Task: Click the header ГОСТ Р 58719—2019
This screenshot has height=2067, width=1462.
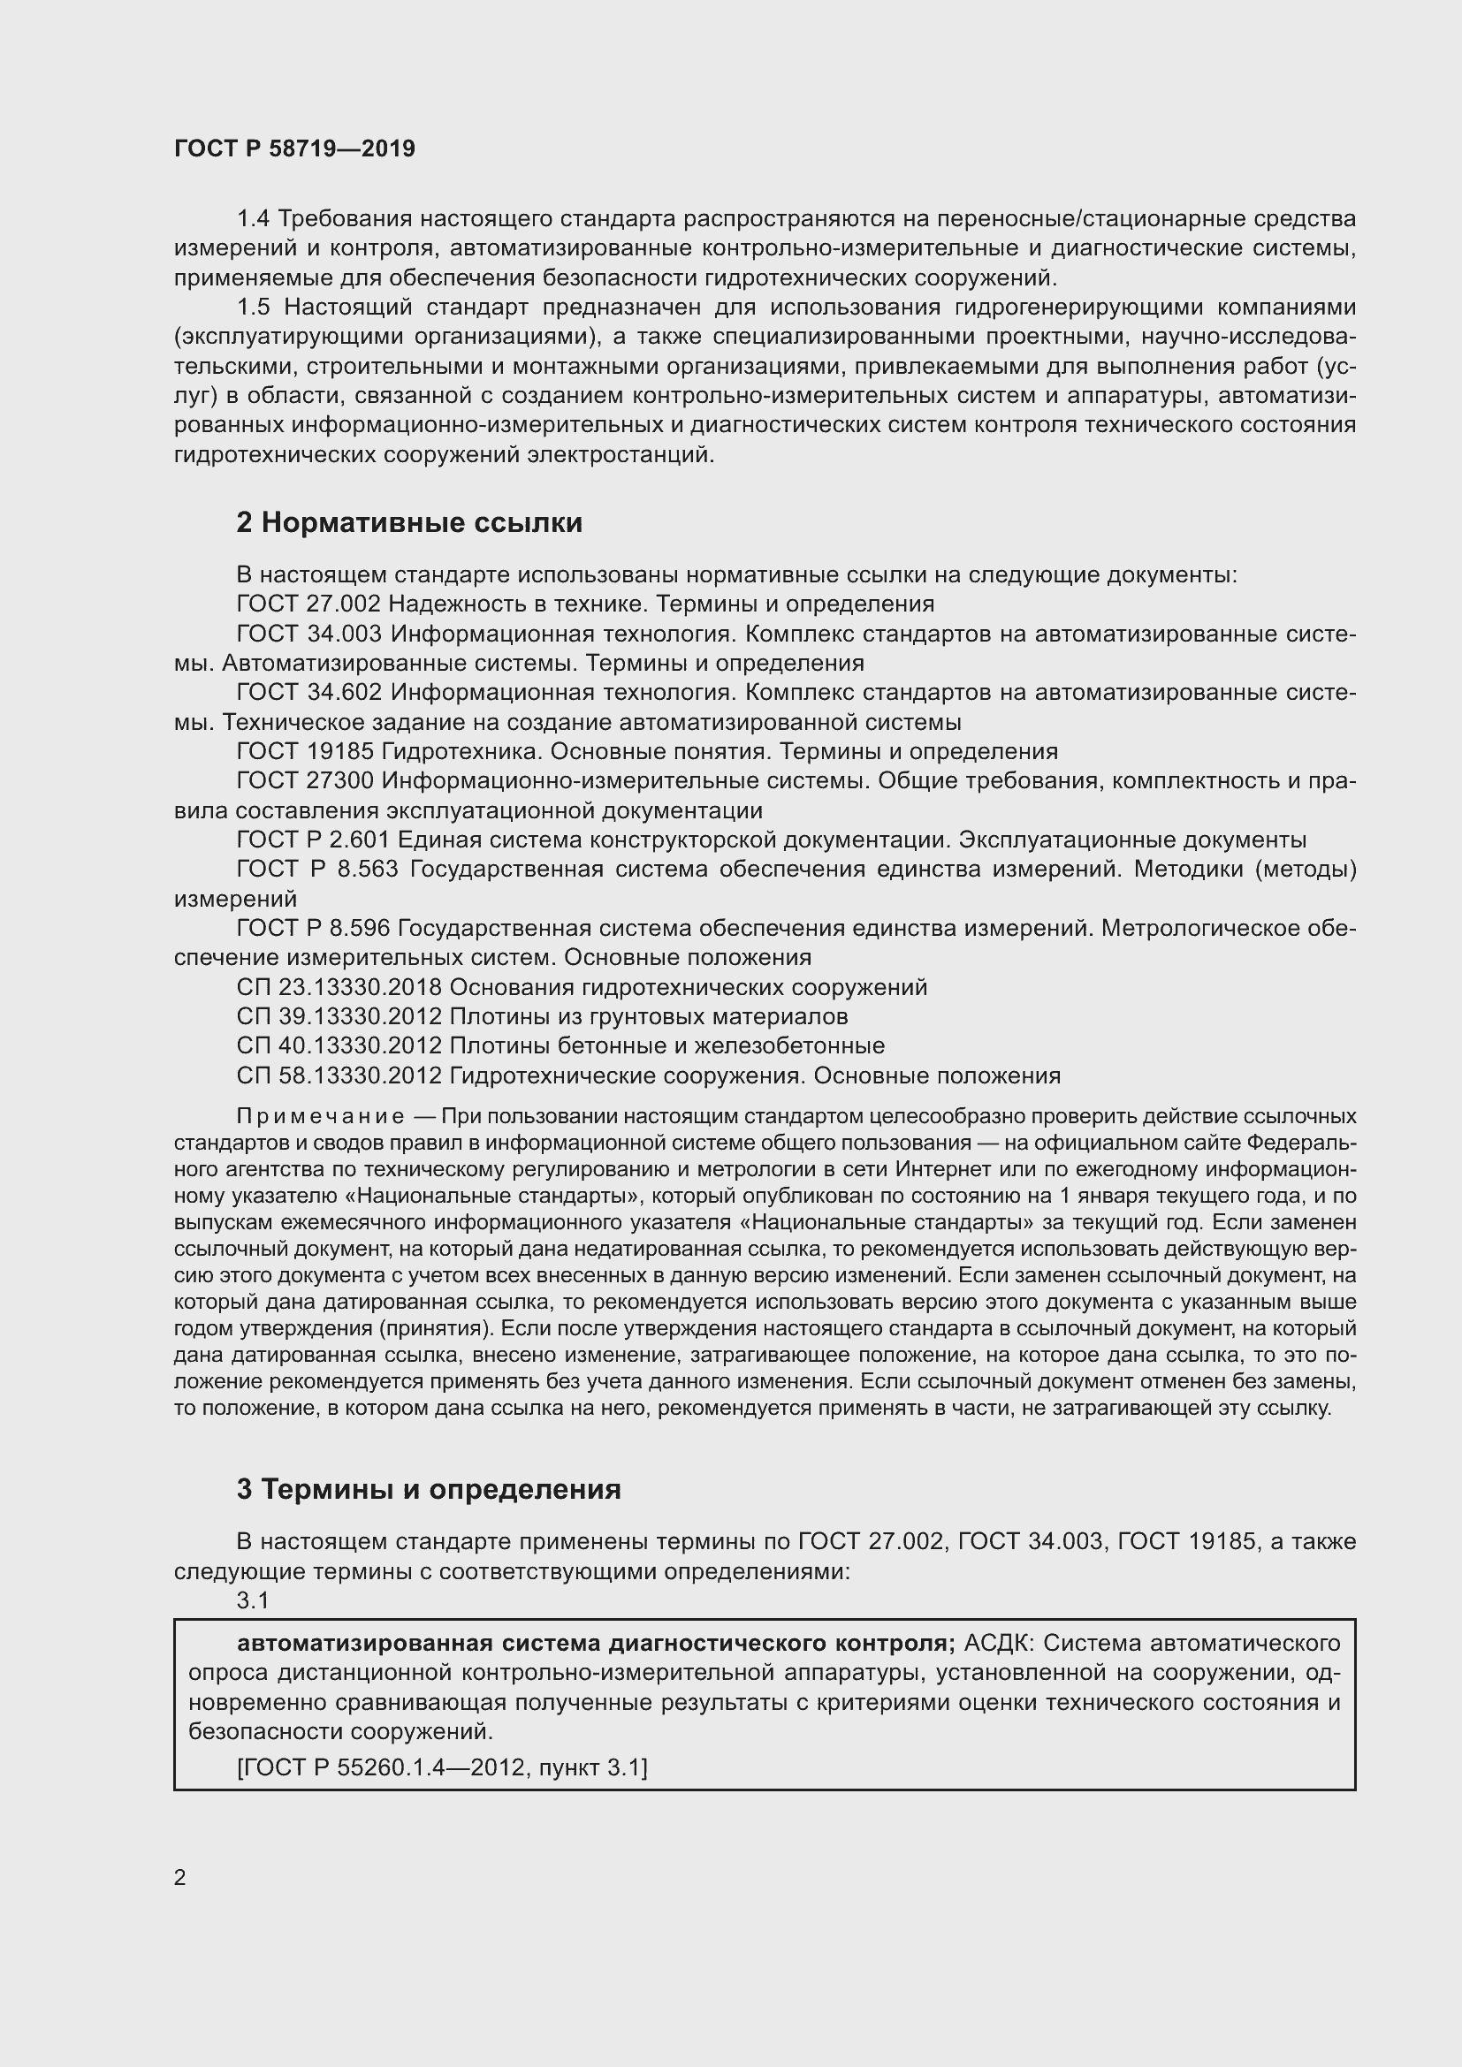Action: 294,148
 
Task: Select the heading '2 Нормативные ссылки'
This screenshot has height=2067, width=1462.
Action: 408,522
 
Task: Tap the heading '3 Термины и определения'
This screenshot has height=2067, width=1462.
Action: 429,1489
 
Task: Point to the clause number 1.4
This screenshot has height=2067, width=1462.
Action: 254,219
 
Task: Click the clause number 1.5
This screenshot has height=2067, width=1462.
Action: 254,307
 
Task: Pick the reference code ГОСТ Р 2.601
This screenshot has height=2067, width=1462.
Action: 313,840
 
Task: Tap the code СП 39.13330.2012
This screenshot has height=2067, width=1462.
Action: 339,1016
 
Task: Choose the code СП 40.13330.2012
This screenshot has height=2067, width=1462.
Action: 339,1046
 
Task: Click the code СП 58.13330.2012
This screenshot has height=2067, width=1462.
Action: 339,1075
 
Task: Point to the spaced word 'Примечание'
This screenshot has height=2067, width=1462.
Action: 320,1116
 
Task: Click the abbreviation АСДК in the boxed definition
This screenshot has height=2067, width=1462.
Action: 1001,1643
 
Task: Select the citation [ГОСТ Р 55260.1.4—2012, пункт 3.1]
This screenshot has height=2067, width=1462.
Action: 442,1767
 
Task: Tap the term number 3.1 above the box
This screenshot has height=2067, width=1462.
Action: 253,1600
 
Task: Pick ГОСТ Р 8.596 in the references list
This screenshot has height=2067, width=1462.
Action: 313,928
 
